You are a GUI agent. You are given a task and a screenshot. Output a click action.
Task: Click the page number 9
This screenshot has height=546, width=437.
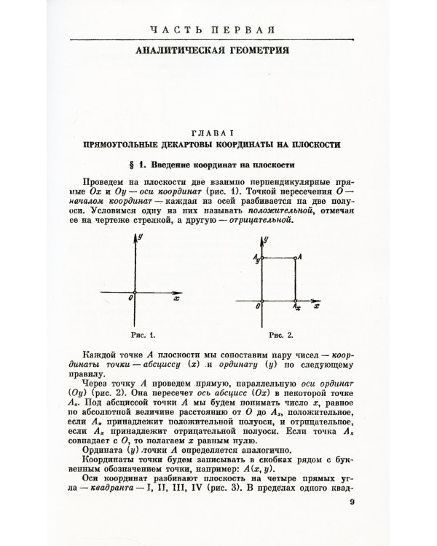tap(352, 502)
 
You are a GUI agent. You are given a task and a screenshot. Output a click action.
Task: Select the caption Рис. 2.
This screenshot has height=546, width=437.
tap(280, 336)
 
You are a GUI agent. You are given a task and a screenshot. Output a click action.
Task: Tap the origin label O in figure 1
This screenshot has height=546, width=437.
tap(129, 297)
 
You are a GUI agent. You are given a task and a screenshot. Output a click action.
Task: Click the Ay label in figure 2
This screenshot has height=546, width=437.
tap(256, 257)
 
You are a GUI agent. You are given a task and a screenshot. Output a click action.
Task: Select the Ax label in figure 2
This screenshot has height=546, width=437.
tap(296, 308)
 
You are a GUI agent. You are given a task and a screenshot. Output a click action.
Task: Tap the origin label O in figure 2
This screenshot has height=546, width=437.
tap(258, 307)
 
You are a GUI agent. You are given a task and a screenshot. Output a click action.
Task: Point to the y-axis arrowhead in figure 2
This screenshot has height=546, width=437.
tap(263, 238)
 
